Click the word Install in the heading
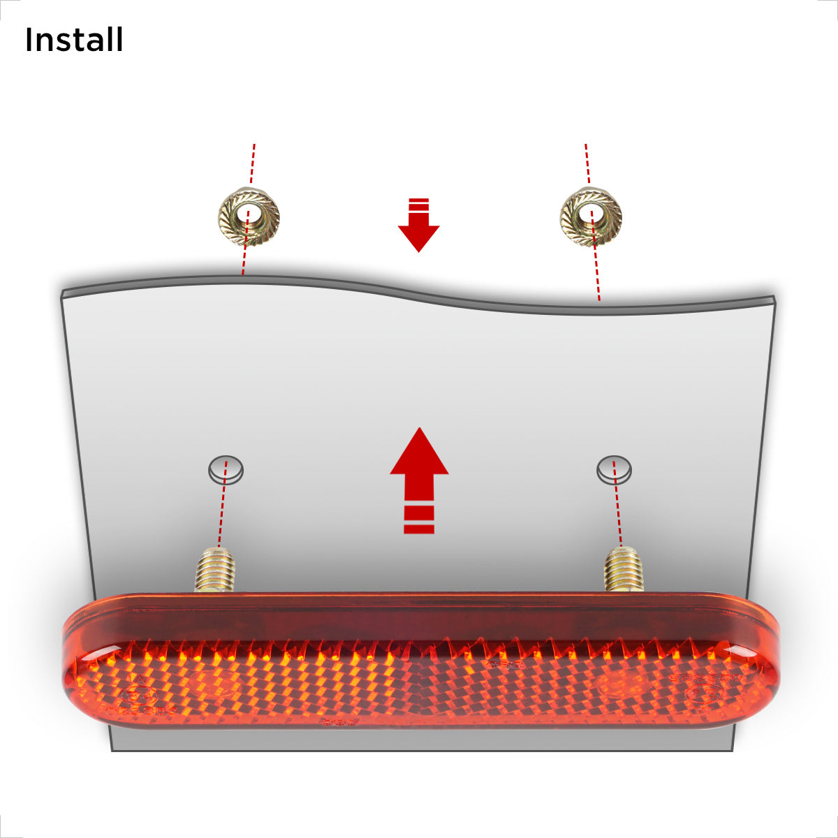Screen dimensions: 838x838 click(x=74, y=40)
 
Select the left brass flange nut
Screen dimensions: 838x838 click(x=249, y=216)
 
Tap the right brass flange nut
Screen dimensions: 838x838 click(x=591, y=216)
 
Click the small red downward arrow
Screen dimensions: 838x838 click(x=419, y=225)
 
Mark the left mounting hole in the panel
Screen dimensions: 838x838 click(x=226, y=470)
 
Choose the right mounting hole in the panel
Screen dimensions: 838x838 click(x=614, y=470)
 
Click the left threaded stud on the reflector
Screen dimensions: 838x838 click(x=215, y=569)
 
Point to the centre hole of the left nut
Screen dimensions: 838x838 click(x=247, y=214)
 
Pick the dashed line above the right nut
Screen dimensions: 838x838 click(x=587, y=165)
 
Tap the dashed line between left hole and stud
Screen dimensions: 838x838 click(x=223, y=504)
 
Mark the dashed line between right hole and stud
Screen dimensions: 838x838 click(x=617, y=504)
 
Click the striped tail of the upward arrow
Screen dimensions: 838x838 click(x=419, y=520)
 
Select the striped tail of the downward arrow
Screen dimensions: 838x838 click(x=419, y=204)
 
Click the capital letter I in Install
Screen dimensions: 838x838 click(x=29, y=40)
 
